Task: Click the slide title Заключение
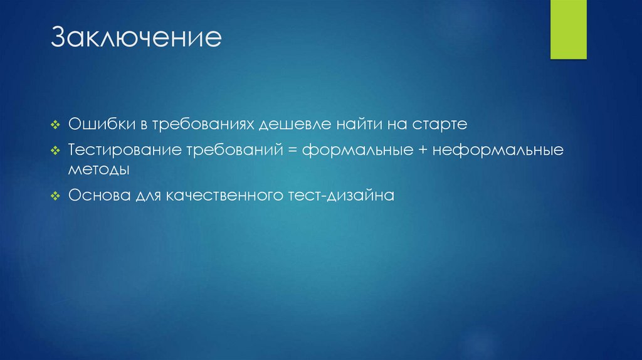pyautogui.click(x=136, y=38)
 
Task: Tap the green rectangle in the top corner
pyautogui.click(x=568, y=29)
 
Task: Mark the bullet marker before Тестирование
pyautogui.click(x=55, y=152)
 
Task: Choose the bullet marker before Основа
pyautogui.click(x=55, y=196)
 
